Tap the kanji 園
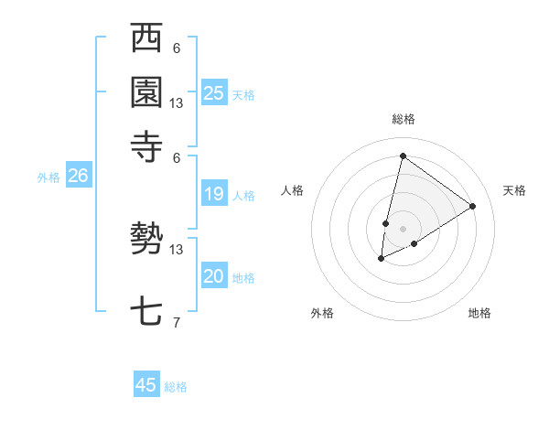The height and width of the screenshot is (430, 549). pos(147,91)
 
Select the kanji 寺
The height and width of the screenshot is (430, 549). pos(147,145)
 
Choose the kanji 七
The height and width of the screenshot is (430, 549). pos(147,312)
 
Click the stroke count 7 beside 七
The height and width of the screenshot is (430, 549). pos(177,321)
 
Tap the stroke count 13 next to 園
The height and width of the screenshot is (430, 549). pos(177,103)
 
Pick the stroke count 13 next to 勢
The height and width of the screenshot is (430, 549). pos(177,249)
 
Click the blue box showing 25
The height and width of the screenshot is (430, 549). pos(213,93)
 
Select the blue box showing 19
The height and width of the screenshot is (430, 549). pos(213,194)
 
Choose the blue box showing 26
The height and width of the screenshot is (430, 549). pos(78,177)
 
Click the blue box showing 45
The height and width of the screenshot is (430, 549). pos(146,385)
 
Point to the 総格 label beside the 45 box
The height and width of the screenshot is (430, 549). pos(176,387)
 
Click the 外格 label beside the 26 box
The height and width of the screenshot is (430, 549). pos(48,178)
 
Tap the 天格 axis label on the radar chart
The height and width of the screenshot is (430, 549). pos(514,190)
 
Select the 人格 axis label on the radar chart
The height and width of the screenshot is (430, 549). pos(293,190)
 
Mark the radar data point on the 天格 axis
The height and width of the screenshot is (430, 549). pos(472,206)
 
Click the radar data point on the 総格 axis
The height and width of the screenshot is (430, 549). pos(403,156)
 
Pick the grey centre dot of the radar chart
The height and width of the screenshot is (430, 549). pos(403,228)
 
